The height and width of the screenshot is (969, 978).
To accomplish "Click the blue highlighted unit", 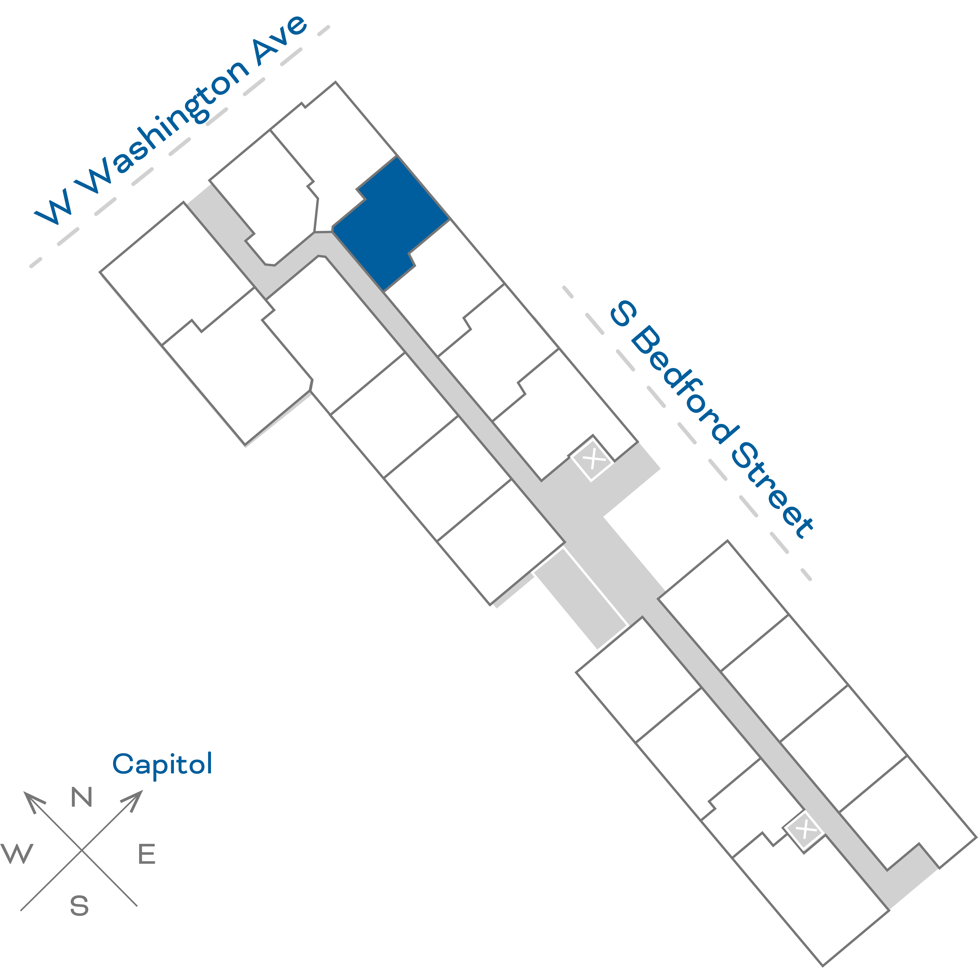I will click(x=390, y=223).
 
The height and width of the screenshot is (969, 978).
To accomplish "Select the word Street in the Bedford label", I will click(x=772, y=490).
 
